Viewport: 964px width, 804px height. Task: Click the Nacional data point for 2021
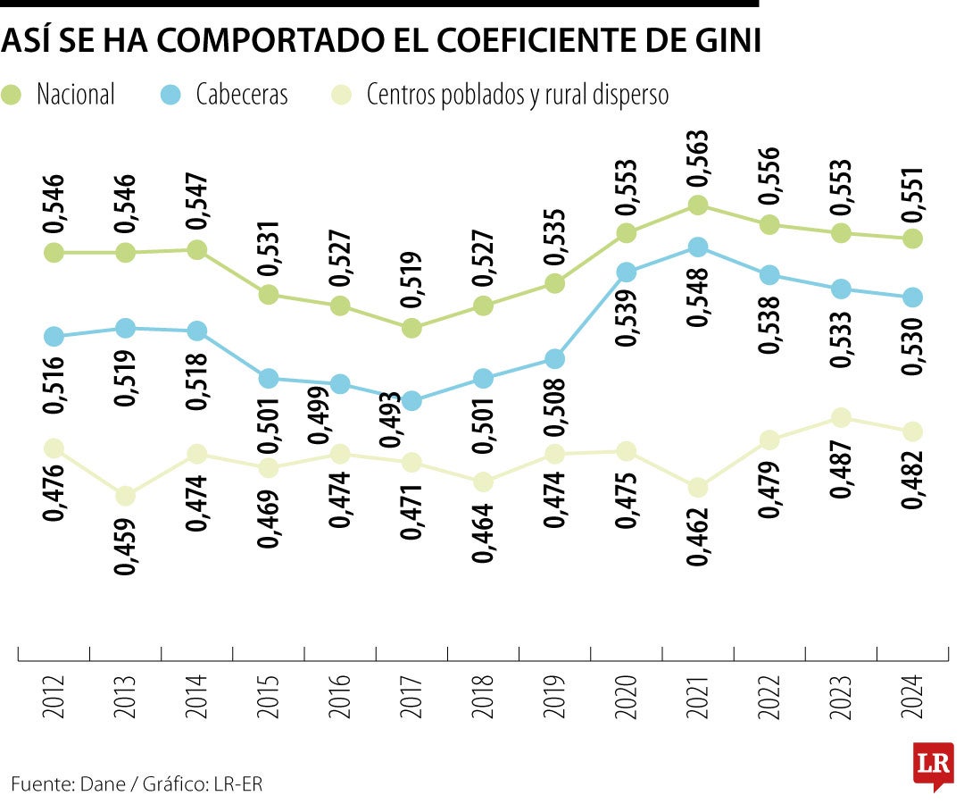pos(698,205)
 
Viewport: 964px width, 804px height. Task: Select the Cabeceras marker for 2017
pos(411,401)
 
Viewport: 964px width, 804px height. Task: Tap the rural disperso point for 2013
pos(126,496)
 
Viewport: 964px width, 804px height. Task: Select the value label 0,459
pos(126,546)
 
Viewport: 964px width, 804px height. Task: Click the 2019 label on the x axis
pos(554,697)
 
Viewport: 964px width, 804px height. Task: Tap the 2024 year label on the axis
pos(912,697)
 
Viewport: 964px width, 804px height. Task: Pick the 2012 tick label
pos(54,697)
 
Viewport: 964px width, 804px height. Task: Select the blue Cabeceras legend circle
pos(171,95)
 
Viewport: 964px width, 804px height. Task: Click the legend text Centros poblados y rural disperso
pos(518,96)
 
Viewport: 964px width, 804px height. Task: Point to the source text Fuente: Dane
pos(70,784)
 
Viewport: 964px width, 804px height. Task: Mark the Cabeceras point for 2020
pos(627,272)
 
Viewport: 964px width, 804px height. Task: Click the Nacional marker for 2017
pos(411,329)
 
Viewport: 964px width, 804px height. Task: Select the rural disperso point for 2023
pos(841,418)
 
